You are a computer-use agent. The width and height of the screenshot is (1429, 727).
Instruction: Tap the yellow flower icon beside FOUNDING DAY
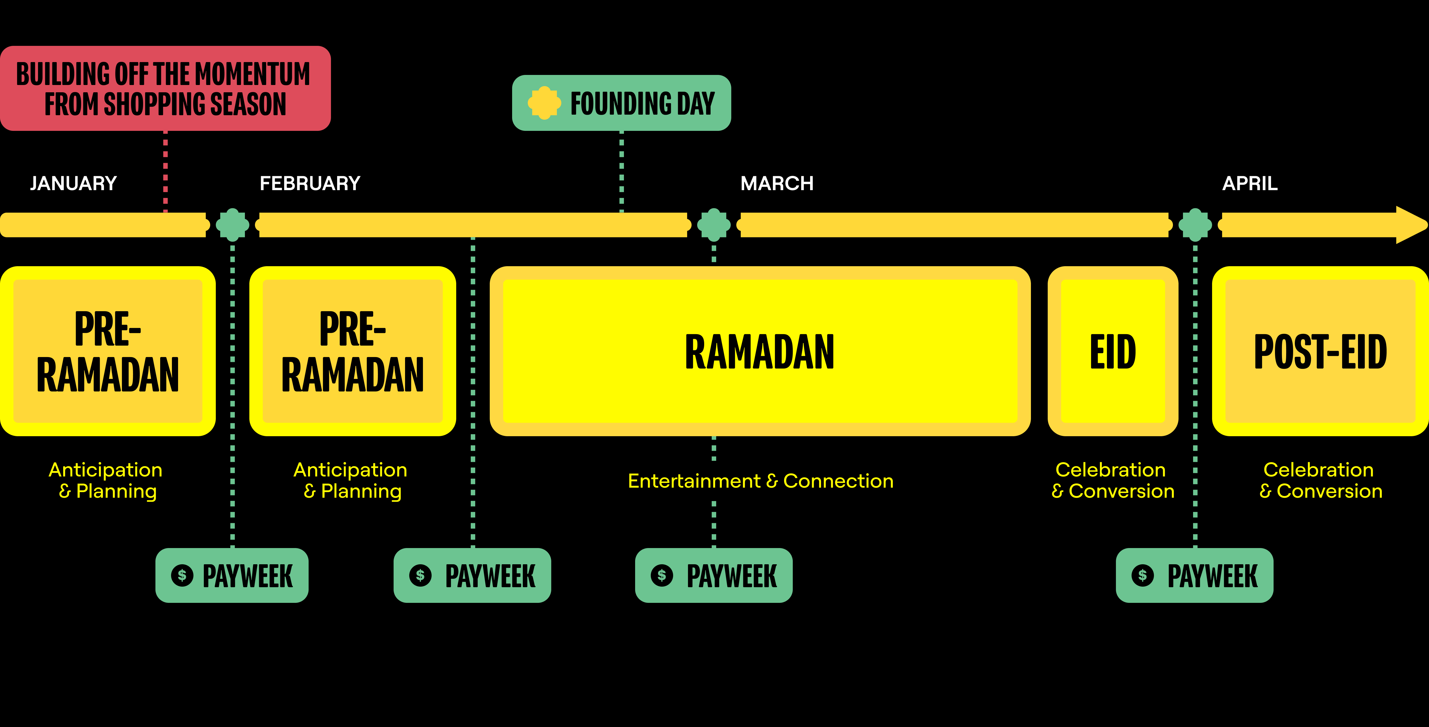[544, 103]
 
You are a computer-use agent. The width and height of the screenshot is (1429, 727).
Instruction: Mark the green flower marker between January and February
[232, 225]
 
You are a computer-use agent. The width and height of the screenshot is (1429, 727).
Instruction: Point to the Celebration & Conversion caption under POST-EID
[1320, 481]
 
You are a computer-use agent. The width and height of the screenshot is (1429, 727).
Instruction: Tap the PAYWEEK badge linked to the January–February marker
[232, 575]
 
